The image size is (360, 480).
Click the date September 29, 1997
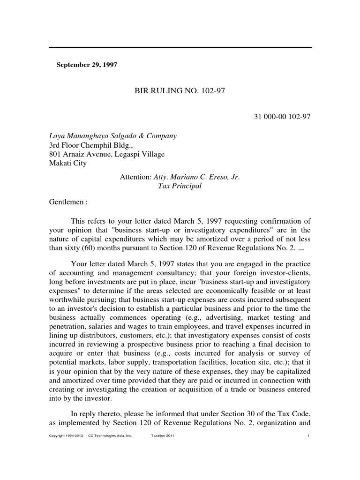87,65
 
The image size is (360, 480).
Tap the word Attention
136,176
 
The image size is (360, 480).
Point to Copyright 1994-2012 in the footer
66,436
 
